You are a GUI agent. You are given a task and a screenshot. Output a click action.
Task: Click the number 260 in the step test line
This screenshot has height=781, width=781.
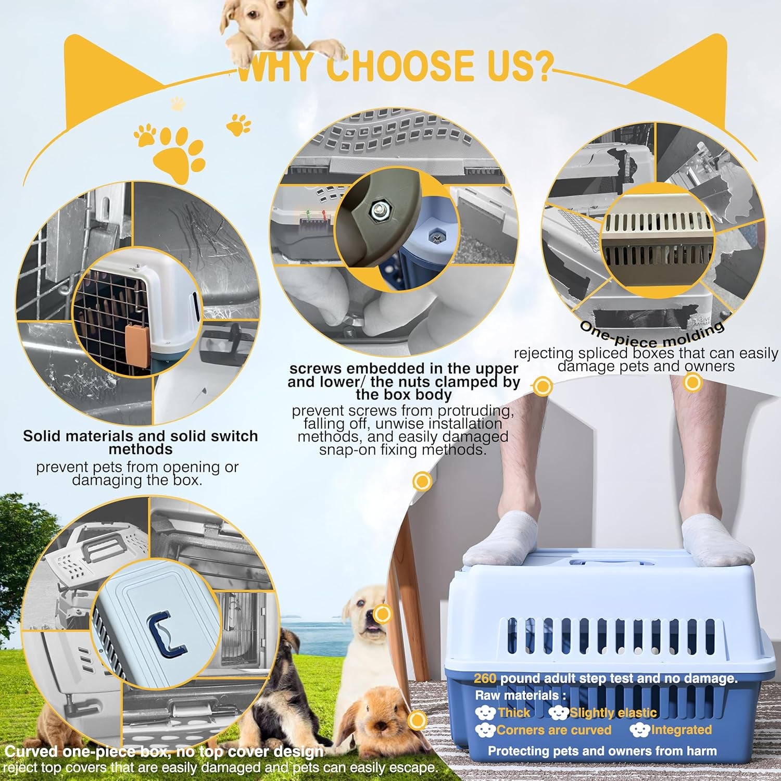(485, 678)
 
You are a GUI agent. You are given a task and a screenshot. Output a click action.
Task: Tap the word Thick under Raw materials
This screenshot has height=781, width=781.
(514, 713)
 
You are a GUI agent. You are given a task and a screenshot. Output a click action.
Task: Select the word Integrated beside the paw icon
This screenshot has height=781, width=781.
(681, 730)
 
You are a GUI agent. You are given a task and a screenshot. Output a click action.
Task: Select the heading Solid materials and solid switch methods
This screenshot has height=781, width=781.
(141, 442)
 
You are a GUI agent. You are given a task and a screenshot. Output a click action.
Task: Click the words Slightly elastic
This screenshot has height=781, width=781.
(613, 713)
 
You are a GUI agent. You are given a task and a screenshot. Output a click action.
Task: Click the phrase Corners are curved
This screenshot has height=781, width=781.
(554, 730)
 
